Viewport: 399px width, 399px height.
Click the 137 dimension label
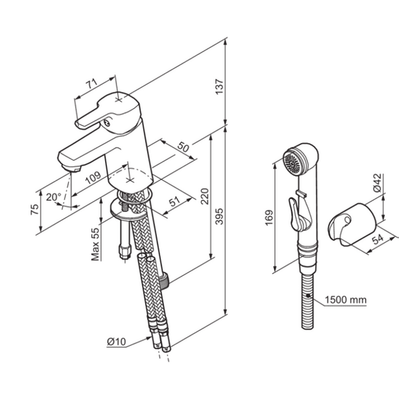[x=219, y=86]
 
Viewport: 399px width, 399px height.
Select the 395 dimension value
[x=219, y=217]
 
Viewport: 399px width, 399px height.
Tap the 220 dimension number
[x=204, y=196]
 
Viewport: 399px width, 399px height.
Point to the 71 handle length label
[x=92, y=84]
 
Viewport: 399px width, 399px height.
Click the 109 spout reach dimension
[x=93, y=177]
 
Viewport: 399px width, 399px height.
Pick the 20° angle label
[x=53, y=197]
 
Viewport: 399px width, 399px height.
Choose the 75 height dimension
[x=35, y=209]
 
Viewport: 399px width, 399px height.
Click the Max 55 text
[x=95, y=244]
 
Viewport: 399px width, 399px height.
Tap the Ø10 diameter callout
[x=116, y=342]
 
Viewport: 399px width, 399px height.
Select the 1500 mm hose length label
[x=346, y=300]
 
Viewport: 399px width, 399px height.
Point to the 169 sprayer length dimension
[x=269, y=217]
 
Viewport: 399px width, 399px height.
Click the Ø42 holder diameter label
[x=377, y=182]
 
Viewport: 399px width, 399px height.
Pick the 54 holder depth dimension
[x=378, y=239]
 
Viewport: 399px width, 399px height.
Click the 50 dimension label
[x=184, y=147]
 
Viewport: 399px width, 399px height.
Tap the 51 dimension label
[x=174, y=201]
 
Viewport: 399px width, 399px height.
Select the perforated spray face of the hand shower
[x=293, y=164]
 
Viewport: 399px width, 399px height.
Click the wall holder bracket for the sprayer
[x=351, y=225]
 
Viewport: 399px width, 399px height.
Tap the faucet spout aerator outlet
[x=72, y=168]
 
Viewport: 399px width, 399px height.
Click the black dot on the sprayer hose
[x=308, y=295]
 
